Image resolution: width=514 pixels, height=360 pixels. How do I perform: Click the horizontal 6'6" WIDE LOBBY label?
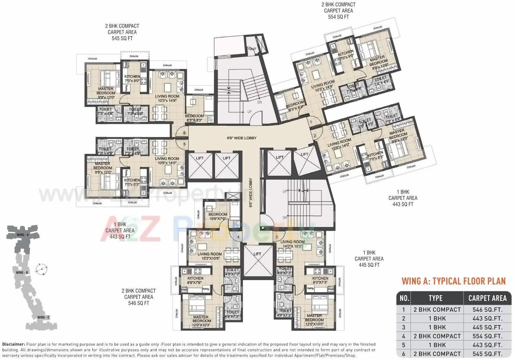click(242, 138)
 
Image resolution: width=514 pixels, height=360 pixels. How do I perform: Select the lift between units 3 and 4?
click(257, 254)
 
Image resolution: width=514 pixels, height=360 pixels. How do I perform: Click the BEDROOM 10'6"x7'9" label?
click(218, 216)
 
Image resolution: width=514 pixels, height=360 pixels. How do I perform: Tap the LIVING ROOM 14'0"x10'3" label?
click(292, 244)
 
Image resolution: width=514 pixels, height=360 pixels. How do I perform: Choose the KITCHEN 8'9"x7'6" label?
click(195, 281)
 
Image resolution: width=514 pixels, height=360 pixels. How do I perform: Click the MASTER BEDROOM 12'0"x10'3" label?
click(202, 319)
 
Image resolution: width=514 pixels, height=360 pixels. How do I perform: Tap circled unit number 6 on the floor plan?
click(184, 133)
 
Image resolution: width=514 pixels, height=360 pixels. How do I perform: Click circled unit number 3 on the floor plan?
click(277, 237)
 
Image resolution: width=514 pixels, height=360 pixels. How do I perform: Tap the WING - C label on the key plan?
click(43, 317)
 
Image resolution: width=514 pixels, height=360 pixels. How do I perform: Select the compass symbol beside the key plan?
click(41, 269)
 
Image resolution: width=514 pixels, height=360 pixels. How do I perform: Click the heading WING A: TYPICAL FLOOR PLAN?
click(454, 281)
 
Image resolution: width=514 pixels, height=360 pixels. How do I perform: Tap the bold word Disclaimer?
click(13, 344)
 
